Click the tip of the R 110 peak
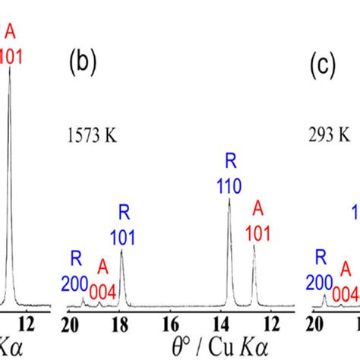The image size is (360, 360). click(229, 199)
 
